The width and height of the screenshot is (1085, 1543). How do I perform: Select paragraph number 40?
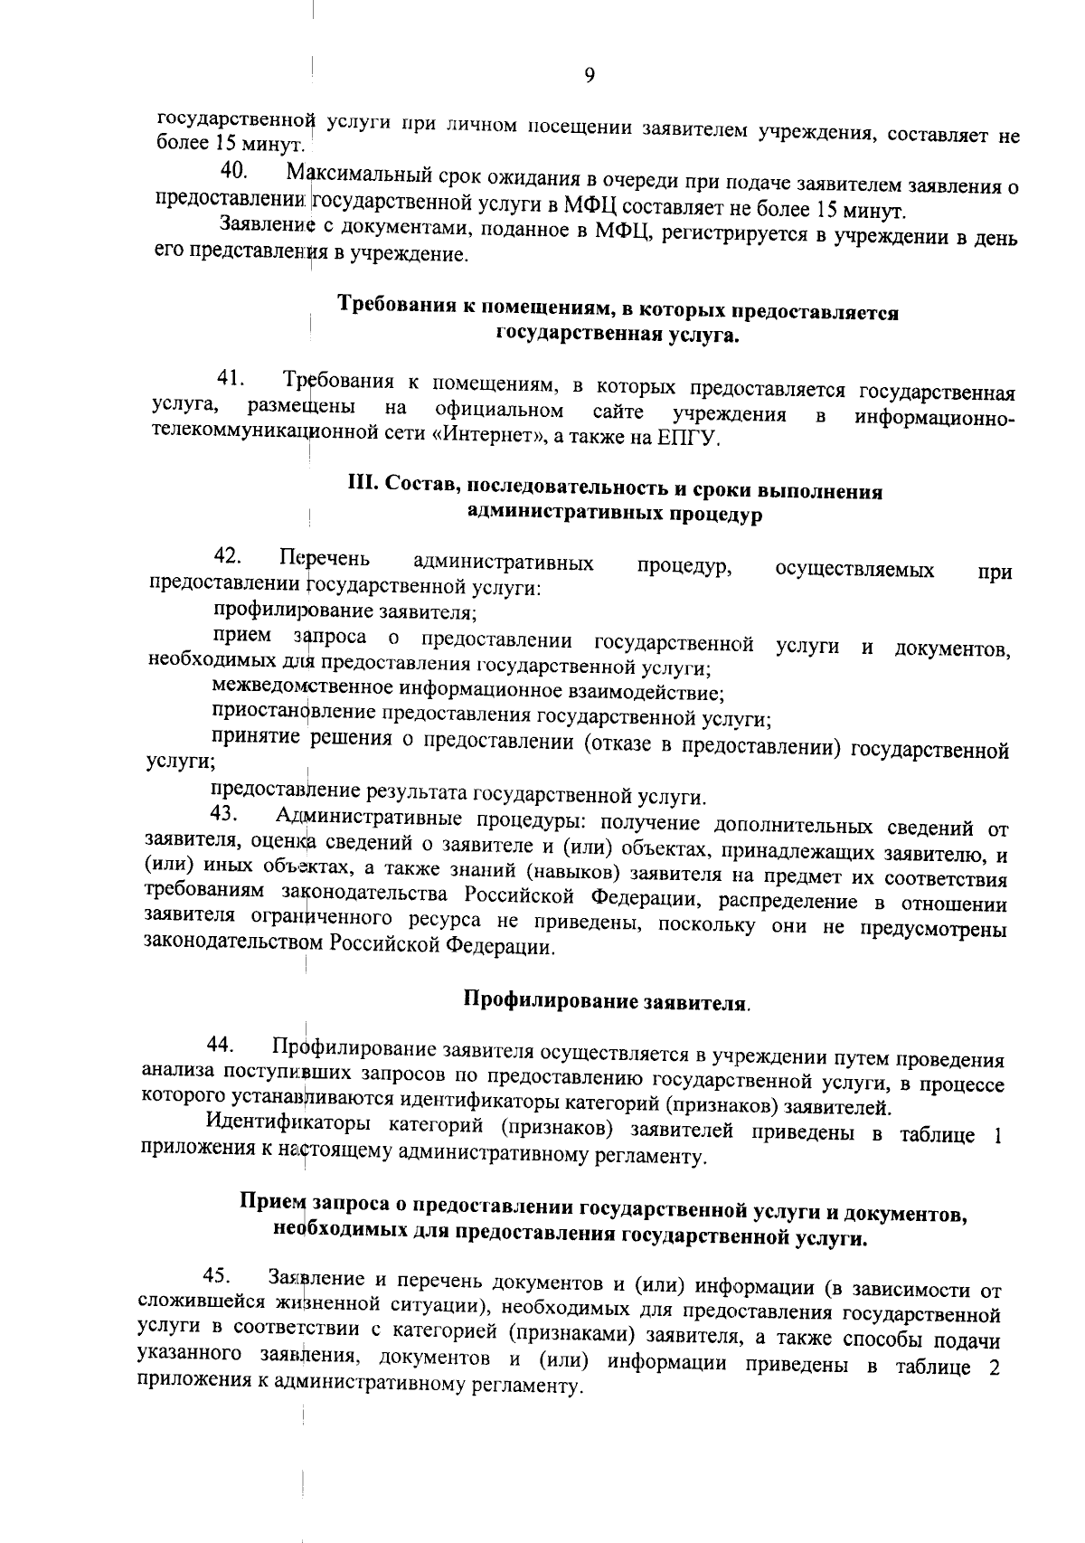point(233,169)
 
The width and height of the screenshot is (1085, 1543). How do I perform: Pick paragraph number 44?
point(221,1046)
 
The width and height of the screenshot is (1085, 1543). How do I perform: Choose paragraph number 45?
point(217,1276)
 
